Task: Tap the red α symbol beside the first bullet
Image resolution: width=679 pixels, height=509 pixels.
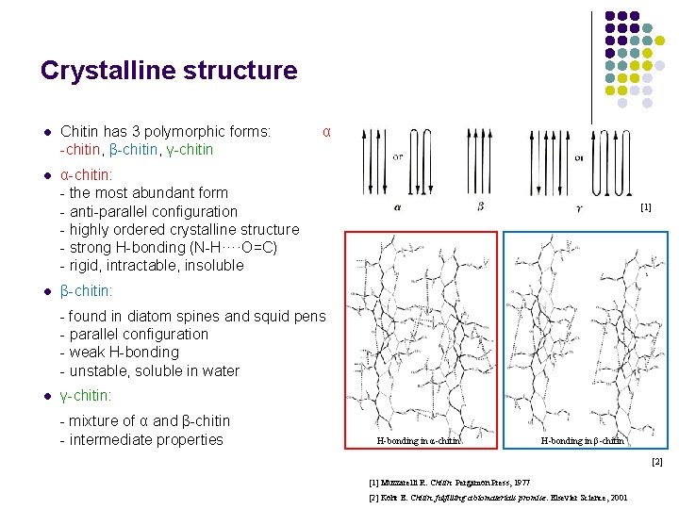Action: (x=326, y=131)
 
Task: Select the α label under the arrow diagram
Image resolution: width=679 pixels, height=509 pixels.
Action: (x=397, y=205)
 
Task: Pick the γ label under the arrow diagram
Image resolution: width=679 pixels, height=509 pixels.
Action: (x=578, y=207)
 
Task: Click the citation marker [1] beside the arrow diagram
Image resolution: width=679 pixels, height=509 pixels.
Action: (x=645, y=205)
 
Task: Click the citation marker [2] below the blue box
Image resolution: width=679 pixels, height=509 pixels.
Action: (x=657, y=461)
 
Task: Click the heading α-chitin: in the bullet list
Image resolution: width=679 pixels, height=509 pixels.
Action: (x=87, y=175)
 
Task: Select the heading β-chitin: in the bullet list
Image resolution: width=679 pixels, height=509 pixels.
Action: (x=87, y=291)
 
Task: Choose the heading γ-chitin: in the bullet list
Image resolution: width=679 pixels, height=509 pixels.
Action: (x=86, y=396)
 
